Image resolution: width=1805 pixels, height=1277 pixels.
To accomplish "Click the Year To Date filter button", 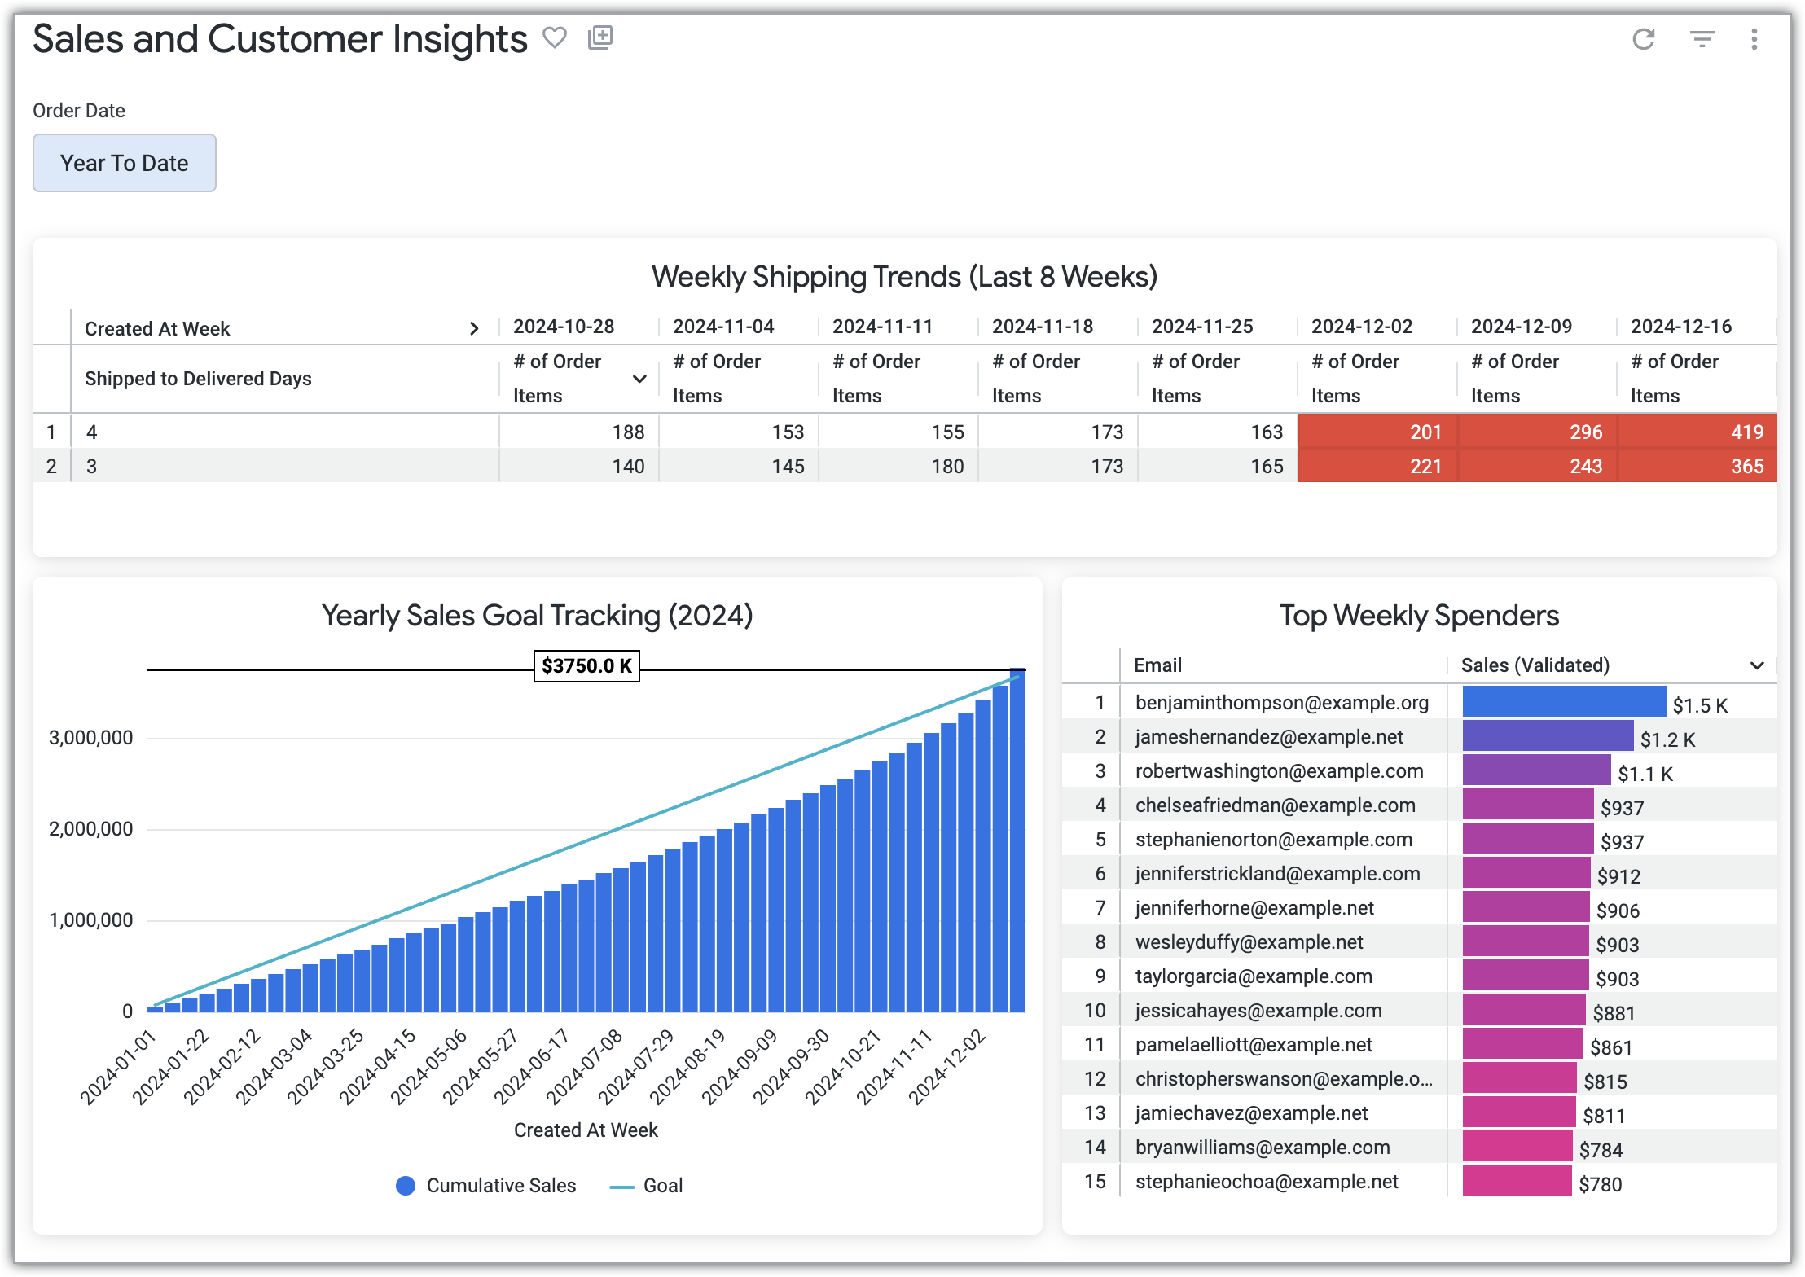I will (x=124, y=163).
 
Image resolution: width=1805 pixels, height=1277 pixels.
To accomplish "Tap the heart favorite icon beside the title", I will (x=555, y=37).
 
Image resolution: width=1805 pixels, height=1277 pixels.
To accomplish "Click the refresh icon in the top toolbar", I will (x=1644, y=39).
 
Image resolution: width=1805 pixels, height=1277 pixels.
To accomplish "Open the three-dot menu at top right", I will (x=1754, y=39).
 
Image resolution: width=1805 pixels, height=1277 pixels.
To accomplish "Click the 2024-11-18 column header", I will (x=1042, y=327).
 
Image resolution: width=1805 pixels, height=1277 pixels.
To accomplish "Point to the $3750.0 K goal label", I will (x=586, y=666).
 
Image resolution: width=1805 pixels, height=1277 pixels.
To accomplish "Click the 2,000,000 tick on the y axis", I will (x=90, y=829).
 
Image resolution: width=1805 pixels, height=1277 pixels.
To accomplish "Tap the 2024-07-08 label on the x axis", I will (x=584, y=1066).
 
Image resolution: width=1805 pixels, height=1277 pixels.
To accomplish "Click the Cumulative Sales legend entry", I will (x=486, y=1186).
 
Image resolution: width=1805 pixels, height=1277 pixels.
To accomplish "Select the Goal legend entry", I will (x=648, y=1186).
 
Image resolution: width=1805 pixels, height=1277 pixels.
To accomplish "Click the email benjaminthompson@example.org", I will (x=1281, y=703).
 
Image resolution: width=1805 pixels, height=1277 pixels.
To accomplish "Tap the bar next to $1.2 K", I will (x=1547, y=736).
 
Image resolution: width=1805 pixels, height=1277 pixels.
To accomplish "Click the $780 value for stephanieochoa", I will (x=1600, y=1184).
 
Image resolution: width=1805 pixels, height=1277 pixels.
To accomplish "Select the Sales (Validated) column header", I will (x=1535, y=665).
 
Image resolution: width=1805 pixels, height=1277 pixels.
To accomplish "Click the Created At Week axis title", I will (x=586, y=1130).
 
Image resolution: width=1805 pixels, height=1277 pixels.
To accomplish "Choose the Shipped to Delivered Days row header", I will (x=198, y=379).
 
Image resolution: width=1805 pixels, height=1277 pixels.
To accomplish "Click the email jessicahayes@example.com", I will (x=1258, y=1011).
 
